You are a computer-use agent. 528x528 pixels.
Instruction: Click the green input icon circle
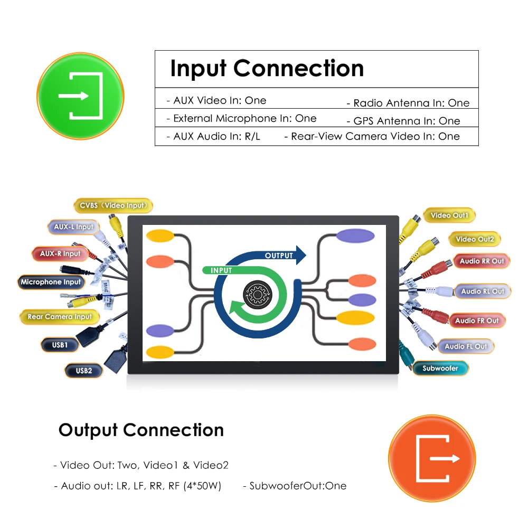pyautogui.click(x=80, y=96)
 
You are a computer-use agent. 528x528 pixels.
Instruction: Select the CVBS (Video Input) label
pyautogui.click(x=113, y=205)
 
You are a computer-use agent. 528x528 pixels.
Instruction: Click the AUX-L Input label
pyautogui.click(x=73, y=227)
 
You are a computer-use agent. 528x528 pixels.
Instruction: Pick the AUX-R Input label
pyautogui.click(x=60, y=254)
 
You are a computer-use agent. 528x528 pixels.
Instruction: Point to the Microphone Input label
pyautogui.click(x=51, y=282)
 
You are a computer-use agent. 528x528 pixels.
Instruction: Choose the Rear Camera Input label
pyautogui.click(x=60, y=317)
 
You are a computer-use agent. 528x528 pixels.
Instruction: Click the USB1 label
pyautogui.click(x=60, y=345)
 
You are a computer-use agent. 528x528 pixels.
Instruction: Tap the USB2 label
pyautogui.click(x=83, y=371)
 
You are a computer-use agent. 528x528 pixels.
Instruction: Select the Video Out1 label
pyautogui.click(x=449, y=215)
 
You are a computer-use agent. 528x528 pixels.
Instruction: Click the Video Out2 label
pyautogui.click(x=475, y=239)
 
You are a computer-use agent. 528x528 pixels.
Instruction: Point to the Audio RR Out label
pyautogui.click(x=482, y=261)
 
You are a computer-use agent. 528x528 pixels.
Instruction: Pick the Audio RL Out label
pyautogui.click(x=483, y=291)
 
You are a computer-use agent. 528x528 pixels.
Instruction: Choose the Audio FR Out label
pyautogui.click(x=477, y=320)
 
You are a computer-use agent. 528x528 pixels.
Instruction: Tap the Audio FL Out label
pyautogui.click(x=466, y=346)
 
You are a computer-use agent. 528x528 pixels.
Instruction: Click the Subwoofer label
pyautogui.click(x=440, y=368)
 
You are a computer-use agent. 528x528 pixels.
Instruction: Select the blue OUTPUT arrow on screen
pyautogui.click(x=285, y=256)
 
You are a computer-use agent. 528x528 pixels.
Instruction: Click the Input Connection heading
pyautogui.click(x=267, y=69)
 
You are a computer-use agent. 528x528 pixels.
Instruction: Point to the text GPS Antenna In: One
pyautogui.click(x=403, y=121)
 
